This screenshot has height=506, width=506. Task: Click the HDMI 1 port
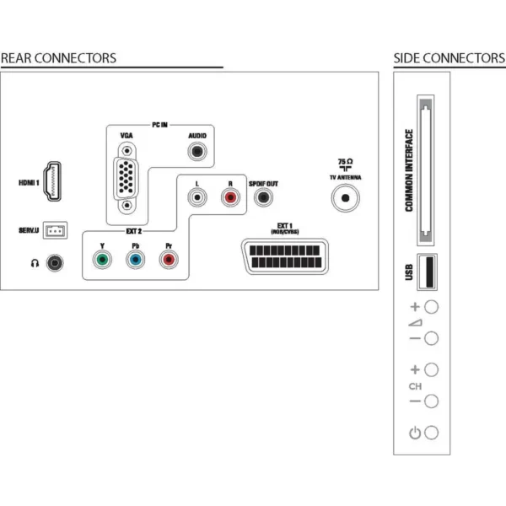(52, 181)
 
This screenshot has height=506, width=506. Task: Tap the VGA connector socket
(126, 178)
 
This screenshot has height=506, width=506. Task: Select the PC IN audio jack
(197, 151)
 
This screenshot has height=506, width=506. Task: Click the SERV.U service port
(55, 230)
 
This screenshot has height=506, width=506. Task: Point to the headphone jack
(55, 263)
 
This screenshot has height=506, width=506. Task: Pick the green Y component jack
(102, 260)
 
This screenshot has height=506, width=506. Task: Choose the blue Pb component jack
(136, 260)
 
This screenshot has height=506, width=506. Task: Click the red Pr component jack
(169, 260)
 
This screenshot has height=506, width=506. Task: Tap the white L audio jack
(197, 197)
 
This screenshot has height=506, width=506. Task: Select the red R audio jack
(230, 197)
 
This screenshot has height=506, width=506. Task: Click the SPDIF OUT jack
(263, 197)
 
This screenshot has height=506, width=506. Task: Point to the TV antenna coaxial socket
(345, 198)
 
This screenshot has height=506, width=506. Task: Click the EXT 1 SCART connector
(285, 256)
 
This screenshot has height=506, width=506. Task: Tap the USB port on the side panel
(428, 272)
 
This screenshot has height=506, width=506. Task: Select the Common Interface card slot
(426, 170)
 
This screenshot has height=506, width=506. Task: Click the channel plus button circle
(432, 370)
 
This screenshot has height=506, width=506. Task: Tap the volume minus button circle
(432, 338)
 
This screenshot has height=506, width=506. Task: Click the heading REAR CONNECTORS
(58, 58)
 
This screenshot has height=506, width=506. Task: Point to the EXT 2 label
(133, 231)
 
